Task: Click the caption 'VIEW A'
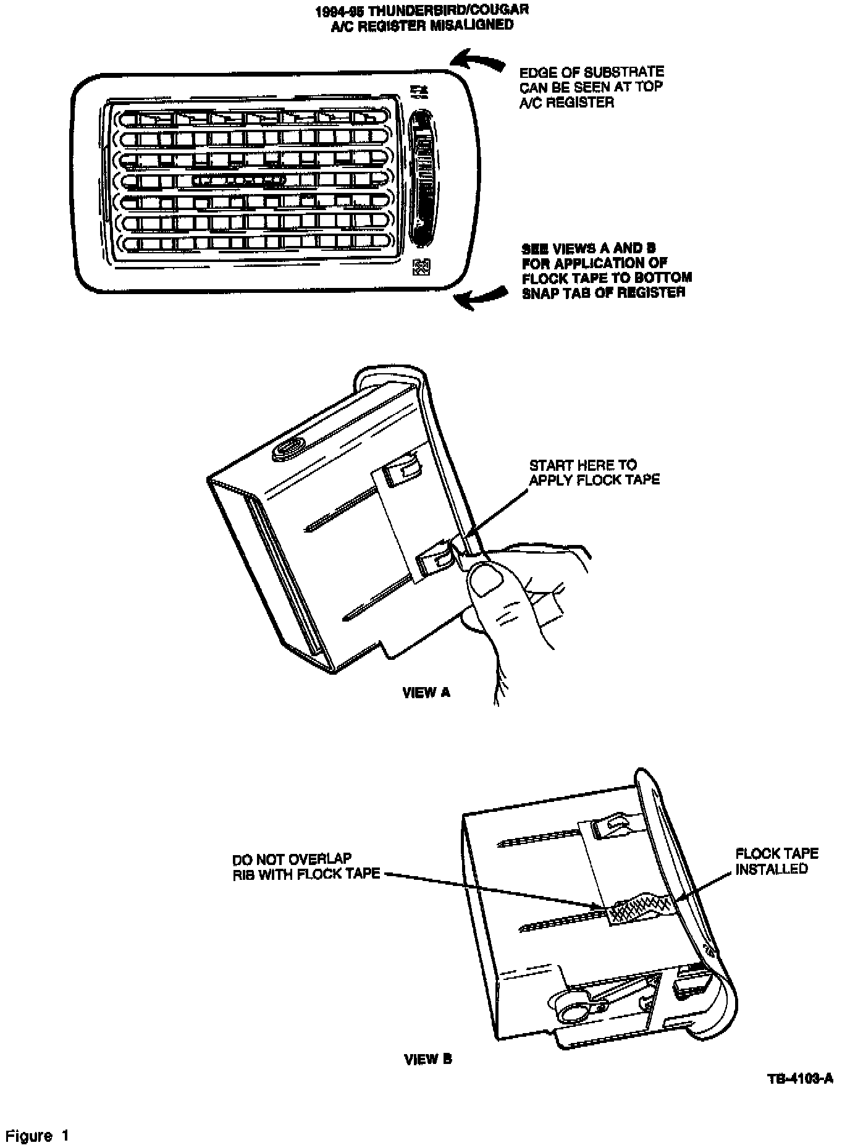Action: (426, 692)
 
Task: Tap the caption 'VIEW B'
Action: (428, 1059)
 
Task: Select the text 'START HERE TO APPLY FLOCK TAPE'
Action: (594, 472)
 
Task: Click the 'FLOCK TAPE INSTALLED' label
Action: (776, 861)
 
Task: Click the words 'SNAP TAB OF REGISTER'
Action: (604, 293)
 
